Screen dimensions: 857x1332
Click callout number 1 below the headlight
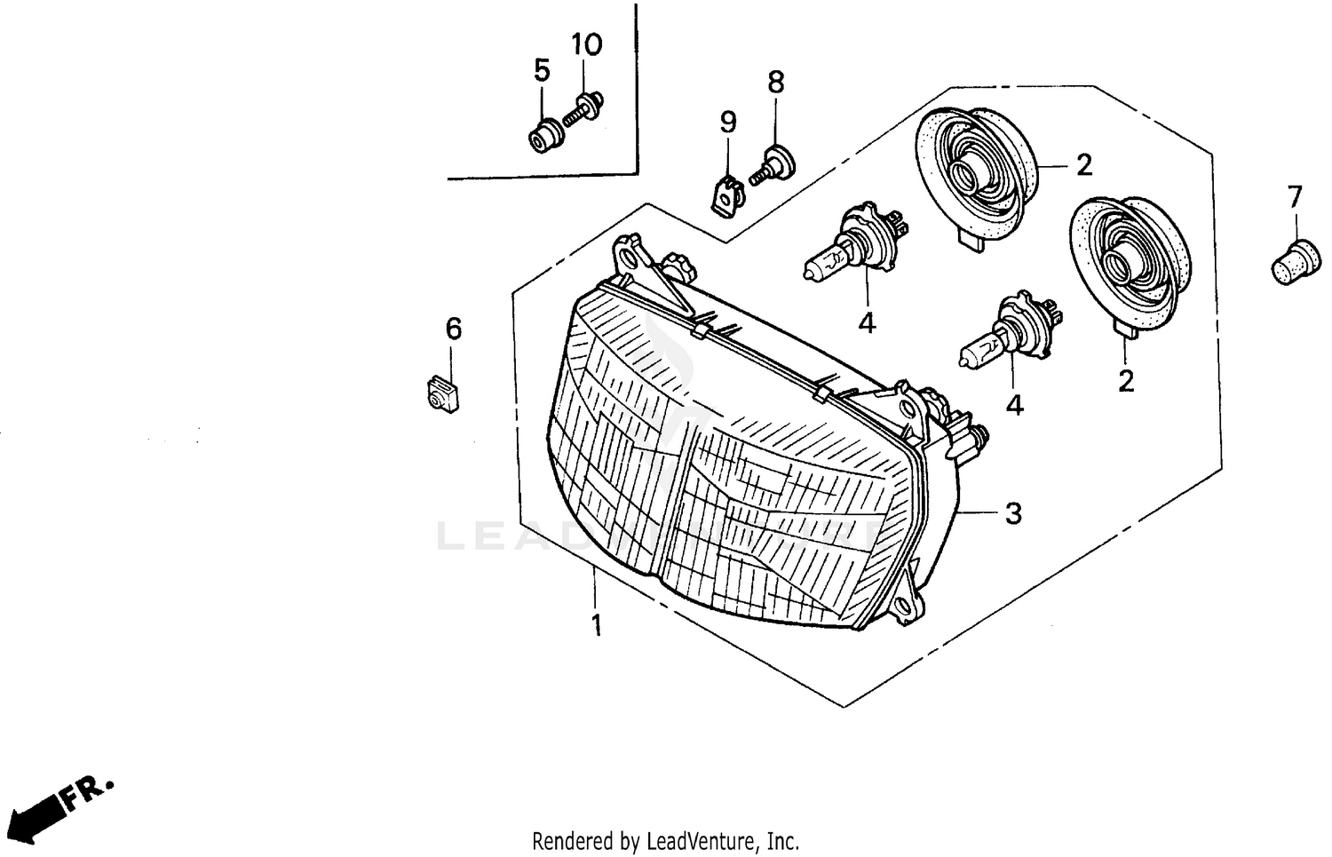pos(597,625)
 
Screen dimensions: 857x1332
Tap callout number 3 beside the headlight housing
pos(1013,513)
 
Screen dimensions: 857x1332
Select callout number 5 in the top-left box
pos(542,69)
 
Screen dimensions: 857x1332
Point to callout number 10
pos(586,44)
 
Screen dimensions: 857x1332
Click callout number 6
pos(454,329)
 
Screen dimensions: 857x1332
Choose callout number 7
pos(1294,195)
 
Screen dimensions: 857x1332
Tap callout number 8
pos(776,83)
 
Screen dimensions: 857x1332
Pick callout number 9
pos(728,122)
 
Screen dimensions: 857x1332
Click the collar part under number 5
pos(543,137)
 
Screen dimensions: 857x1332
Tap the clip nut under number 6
pos(441,393)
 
